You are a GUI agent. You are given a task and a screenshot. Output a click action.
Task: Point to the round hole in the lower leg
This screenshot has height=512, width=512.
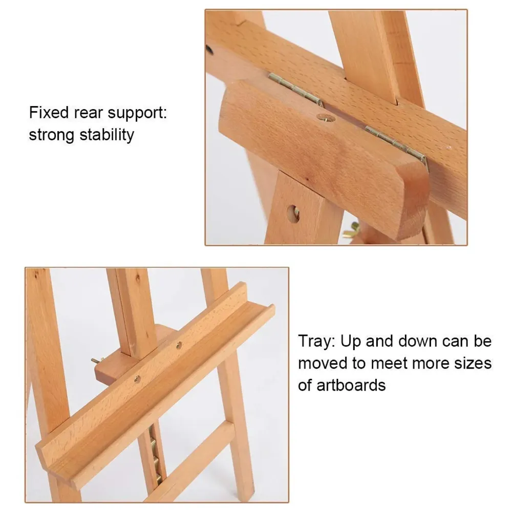[x=293, y=214]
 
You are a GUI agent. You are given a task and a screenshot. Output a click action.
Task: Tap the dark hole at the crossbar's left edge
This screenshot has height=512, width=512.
[x=209, y=50]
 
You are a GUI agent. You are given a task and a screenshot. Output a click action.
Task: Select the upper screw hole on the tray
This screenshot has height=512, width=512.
[x=179, y=346]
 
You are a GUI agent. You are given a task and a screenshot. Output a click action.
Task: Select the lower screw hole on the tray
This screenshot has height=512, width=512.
[x=137, y=379]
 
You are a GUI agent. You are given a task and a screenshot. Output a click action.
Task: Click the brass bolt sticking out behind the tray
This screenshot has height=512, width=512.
[x=96, y=361]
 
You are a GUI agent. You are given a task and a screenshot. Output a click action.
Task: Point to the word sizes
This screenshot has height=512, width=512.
[x=470, y=363]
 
